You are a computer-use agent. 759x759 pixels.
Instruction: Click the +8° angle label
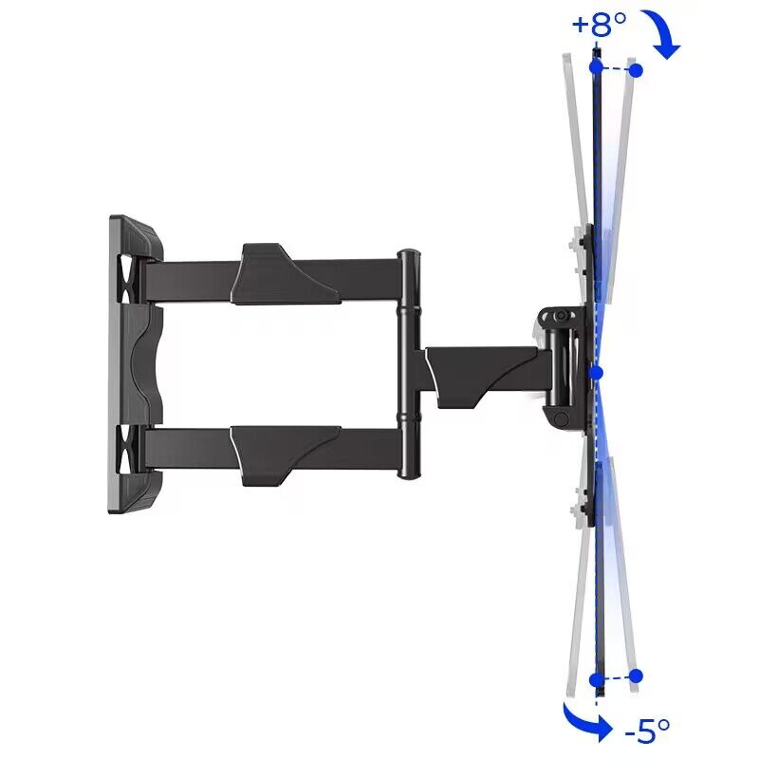pos(600,23)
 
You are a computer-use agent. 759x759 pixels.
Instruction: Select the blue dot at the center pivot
pos(596,373)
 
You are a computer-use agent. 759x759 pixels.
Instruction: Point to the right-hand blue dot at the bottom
pos(636,676)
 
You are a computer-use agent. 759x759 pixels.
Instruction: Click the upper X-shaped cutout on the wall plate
pos(126,272)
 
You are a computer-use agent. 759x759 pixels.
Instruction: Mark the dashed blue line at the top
pos(616,69)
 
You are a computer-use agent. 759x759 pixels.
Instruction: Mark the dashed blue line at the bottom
pos(616,677)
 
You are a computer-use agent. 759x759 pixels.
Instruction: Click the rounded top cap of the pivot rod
pos(408,255)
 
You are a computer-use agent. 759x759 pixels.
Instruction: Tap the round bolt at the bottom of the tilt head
pos(562,417)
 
